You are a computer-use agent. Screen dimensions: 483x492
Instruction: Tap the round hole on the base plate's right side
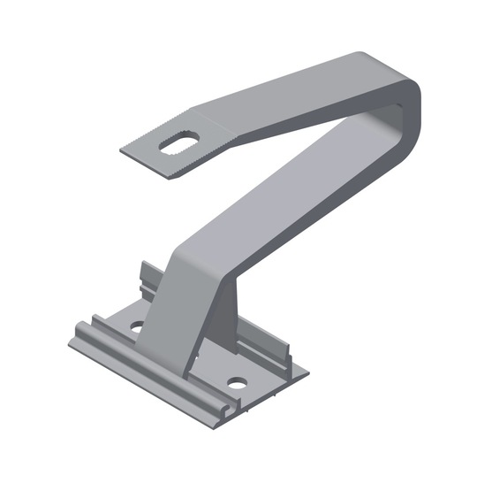tap(236, 384)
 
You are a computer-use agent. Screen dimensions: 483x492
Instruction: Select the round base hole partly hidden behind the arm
tap(137, 326)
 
